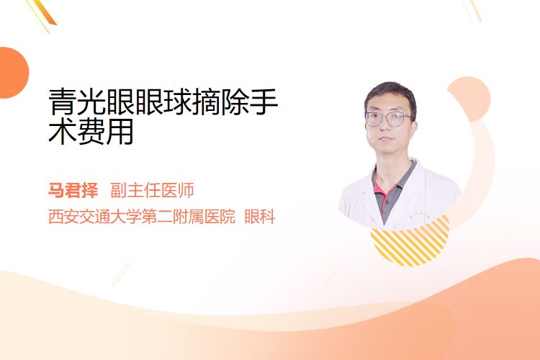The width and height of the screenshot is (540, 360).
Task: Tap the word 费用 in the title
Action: pos(106,131)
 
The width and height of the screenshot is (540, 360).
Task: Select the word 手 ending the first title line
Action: pos(264,102)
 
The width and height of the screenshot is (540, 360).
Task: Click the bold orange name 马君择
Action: pos(73,191)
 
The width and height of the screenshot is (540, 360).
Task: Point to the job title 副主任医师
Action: pos(152,191)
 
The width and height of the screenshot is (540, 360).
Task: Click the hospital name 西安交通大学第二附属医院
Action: pos(142,217)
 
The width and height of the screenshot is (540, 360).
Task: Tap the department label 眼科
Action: pos(260,217)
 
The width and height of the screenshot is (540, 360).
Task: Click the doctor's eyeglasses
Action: pos(388,119)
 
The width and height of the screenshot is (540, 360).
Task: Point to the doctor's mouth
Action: pos(386,139)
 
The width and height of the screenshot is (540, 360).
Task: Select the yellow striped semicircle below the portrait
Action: pos(410,241)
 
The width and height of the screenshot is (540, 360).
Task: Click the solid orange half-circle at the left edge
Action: pos(14,73)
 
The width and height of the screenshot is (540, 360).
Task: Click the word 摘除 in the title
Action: pos(222,102)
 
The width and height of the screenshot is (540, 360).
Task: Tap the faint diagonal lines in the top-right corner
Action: pos(472,9)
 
